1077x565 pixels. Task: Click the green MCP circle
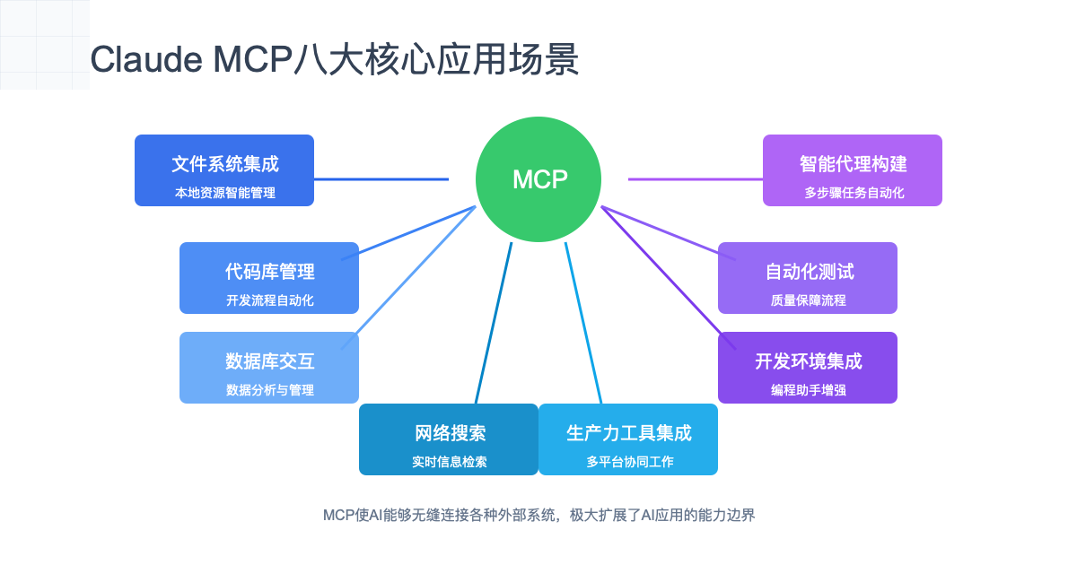coord(538,179)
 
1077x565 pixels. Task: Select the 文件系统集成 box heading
coord(224,164)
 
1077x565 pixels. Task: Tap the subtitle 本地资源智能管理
coord(224,193)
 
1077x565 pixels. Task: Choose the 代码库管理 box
coord(269,277)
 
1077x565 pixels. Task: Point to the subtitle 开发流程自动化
coord(269,300)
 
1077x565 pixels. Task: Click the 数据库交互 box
coord(269,367)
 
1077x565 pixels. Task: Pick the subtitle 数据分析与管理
coord(269,390)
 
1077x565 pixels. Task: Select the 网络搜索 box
coord(449,439)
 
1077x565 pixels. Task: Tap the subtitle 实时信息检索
coord(449,462)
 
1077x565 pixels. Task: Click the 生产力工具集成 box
coord(628,439)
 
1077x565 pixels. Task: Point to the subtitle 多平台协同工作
coord(628,462)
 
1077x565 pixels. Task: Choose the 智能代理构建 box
coord(853,169)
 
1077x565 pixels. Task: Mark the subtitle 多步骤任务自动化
coord(853,193)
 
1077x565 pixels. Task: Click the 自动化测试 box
coord(808,277)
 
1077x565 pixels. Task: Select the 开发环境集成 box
coord(808,367)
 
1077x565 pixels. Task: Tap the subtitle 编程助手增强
coord(808,390)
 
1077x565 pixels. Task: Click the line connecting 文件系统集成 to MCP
coord(381,179)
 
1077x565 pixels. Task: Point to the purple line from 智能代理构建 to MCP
coord(696,179)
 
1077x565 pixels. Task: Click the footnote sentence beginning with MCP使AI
coord(538,516)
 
